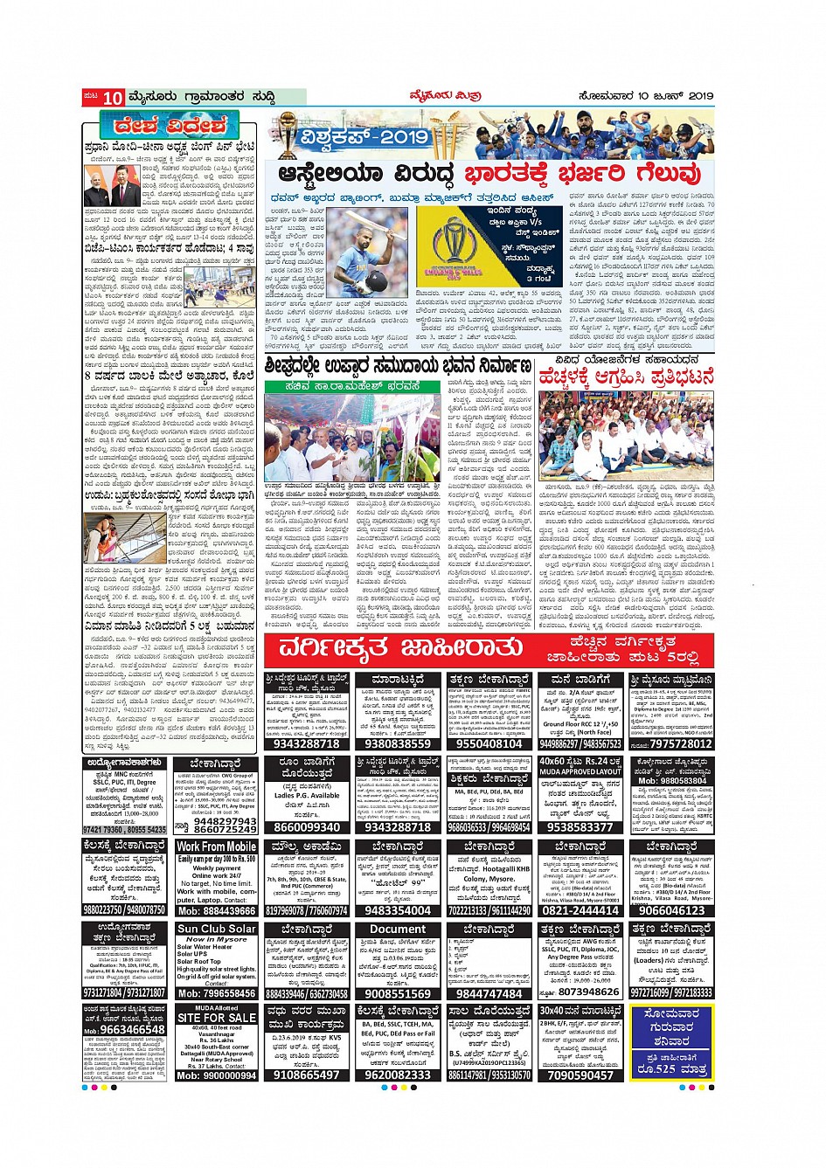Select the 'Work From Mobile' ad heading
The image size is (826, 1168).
(216, 847)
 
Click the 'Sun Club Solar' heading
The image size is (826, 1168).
(216, 929)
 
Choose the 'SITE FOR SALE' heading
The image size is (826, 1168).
(216, 1018)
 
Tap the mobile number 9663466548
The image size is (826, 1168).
(131, 1030)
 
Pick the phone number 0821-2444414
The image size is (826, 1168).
(580, 910)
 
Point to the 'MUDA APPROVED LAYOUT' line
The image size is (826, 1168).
(580, 772)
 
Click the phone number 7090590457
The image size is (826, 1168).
(580, 1075)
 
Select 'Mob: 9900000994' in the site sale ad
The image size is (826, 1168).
(216, 1075)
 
